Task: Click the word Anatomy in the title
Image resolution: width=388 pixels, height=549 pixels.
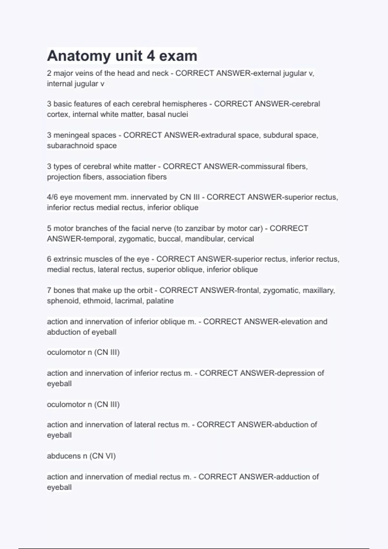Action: tap(79, 56)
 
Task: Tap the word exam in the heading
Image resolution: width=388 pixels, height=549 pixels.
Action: tap(178, 56)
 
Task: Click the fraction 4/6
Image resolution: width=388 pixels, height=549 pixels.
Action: tap(52, 197)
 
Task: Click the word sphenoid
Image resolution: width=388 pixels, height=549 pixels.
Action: tap(63, 301)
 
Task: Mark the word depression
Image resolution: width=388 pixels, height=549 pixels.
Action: tap(296, 373)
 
